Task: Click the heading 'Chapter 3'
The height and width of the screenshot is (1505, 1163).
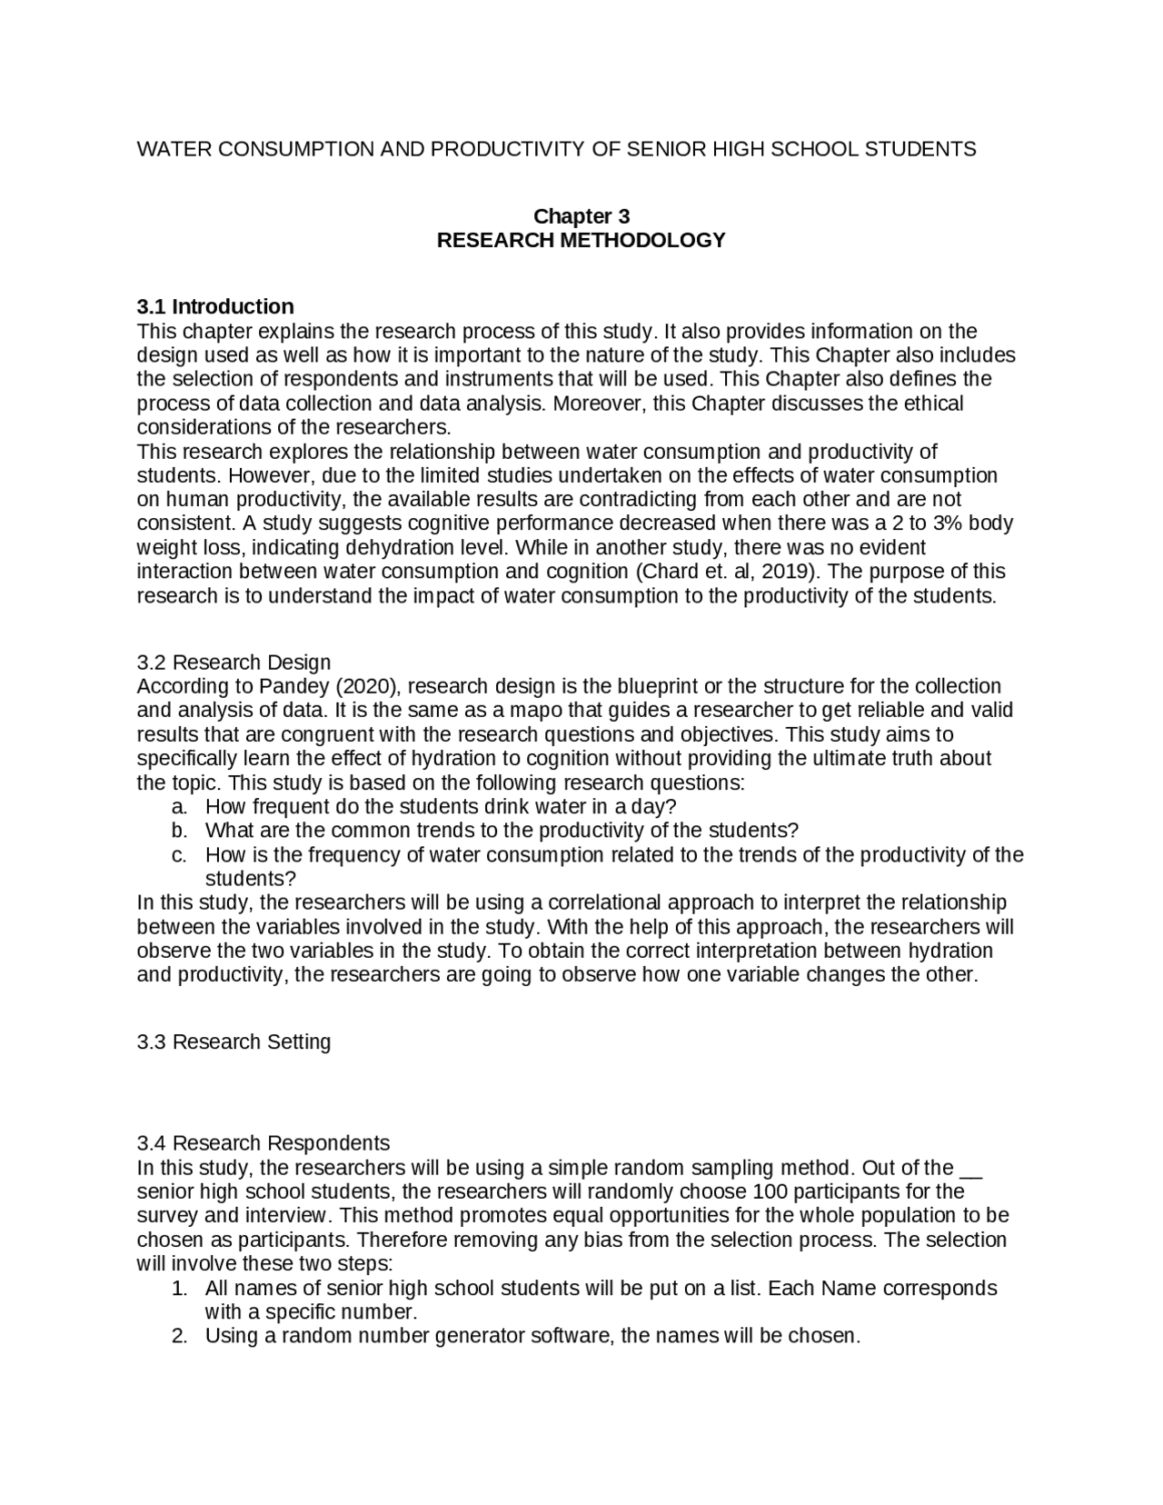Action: (x=581, y=216)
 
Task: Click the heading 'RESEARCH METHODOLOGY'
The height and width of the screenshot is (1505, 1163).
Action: (x=581, y=240)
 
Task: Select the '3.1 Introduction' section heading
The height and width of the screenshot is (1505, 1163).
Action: (x=215, y=306)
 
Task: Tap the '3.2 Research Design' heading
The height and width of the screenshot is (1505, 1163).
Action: (x=234, y=662)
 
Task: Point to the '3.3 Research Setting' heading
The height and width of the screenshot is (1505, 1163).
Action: (x=234, y=1042)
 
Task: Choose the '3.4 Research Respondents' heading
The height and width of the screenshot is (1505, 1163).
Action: (x=263, y=1142)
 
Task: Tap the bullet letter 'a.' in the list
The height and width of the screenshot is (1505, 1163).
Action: (x=179, y=807)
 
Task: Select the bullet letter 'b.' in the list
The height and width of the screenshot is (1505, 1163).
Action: (x=179, y=831)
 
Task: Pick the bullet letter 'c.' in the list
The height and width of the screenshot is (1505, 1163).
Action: (x=179, y=855)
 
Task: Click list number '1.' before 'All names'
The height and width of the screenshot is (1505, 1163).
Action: (x=179, y=1288)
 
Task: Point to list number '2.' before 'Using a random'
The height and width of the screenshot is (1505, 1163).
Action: (x=179, y=1336)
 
